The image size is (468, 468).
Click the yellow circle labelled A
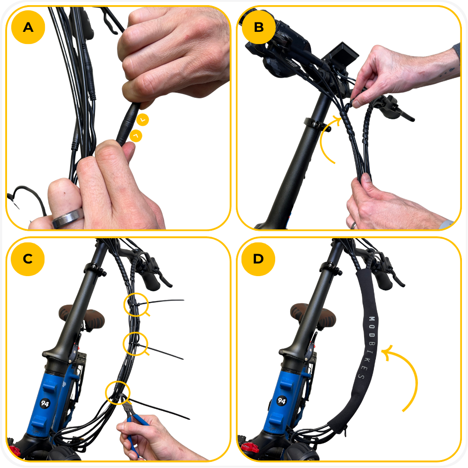(x=28, y=27)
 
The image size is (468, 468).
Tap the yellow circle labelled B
(x=259, y=27)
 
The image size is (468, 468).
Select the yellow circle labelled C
(x=28, y=259)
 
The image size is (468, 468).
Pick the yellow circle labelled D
(x=258, y=259)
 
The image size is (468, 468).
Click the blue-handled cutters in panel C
(x=135, y=418)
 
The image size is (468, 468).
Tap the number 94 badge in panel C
(x=45, y=403)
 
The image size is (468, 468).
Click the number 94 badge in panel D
(x=281, y=401)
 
